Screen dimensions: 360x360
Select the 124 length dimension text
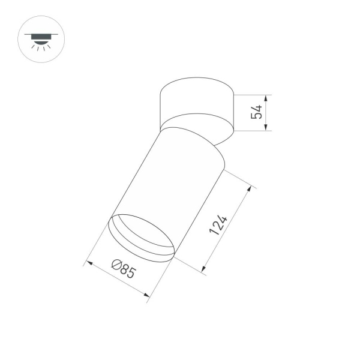(220, 226)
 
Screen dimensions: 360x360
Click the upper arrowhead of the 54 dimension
(267, 97)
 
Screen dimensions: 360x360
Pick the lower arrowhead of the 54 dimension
(267, 128)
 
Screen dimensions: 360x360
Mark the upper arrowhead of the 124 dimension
(247, 188)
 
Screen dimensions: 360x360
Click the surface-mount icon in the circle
(39, 39)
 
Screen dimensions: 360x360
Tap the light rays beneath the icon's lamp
(39, 48)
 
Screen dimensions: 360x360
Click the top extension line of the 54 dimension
(252, 94)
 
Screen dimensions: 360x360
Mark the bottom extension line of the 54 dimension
(252, 130)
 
